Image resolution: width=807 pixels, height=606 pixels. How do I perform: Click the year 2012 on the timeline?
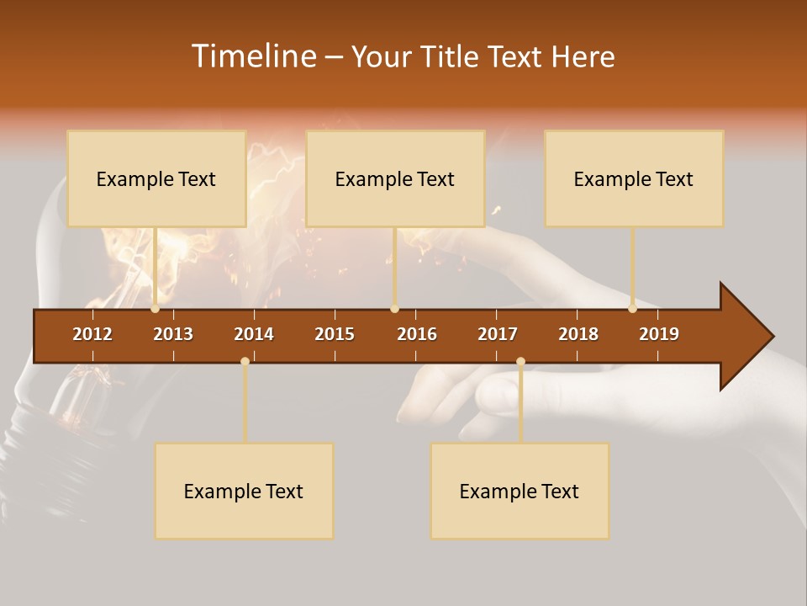(92, 334)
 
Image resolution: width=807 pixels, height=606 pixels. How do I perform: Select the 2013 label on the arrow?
(173, 334)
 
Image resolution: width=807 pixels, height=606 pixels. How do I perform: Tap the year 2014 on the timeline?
(254, 334)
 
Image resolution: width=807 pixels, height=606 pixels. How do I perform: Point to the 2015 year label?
(335, 334)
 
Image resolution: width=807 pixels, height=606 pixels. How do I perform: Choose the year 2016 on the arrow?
(417, 334)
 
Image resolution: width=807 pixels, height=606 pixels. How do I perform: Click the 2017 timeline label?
(498, 334)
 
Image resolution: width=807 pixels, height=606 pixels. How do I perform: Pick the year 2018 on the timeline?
(578, 334)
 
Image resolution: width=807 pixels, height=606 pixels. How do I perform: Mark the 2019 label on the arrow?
(659, 334)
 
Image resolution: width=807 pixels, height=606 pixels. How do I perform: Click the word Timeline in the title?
(252, 56)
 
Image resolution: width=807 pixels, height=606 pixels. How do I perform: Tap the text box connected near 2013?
(156, 178)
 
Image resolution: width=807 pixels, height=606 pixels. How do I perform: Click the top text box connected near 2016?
(395, 178)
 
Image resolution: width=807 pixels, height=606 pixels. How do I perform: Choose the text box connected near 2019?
(634, 178)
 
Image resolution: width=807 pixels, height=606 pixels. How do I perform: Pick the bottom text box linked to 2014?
(244, 491)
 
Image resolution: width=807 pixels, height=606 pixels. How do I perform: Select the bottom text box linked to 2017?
(520, 491)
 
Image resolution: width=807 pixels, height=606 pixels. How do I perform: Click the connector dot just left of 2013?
(156, 309)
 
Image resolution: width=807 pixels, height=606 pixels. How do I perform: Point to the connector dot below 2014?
(245, 361)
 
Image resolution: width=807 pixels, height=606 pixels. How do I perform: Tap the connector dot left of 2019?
(632, 309)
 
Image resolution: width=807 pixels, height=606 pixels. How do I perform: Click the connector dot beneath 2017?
(520, 361)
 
